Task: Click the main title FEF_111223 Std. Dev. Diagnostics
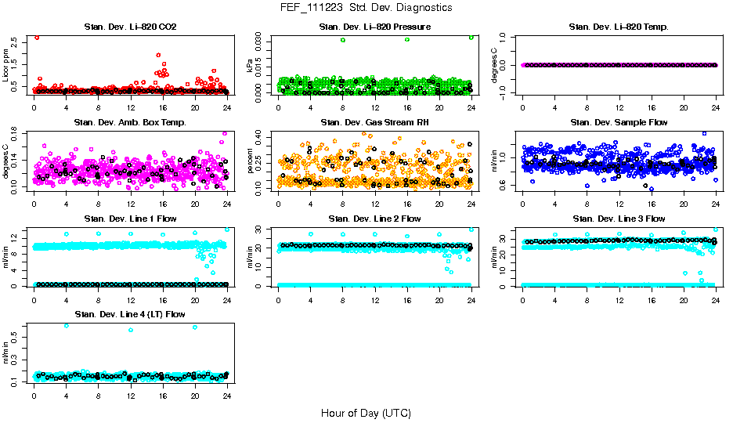click(366, 8)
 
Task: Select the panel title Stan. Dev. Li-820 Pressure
click(374, 27)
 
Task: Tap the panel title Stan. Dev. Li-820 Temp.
click(619, 27)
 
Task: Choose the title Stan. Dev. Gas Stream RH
click(374, 123)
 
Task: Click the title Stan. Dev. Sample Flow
click(619, 123)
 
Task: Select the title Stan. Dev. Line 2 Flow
click(374, 219)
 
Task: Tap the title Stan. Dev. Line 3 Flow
click(619, 219)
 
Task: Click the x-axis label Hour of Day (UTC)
click(366, 413)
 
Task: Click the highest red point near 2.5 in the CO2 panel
click(37, 37)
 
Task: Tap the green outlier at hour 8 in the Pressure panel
click(343, 39)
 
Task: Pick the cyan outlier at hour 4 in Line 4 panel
click(66, 325)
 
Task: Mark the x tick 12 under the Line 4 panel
click(130, 396)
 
